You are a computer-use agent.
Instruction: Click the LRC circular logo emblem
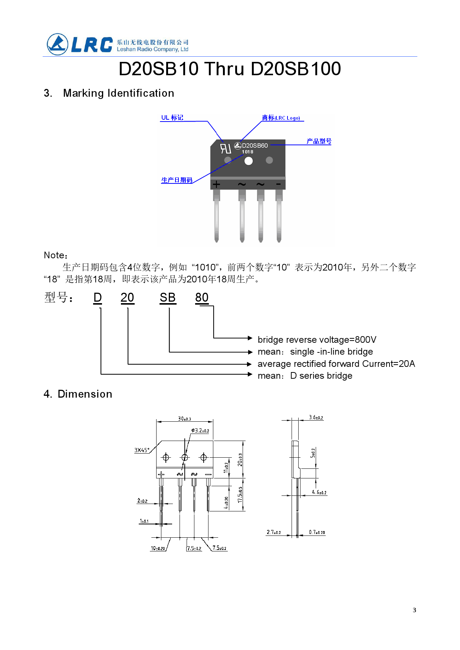click(57, 44)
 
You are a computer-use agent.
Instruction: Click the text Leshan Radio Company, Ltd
click(152, 49)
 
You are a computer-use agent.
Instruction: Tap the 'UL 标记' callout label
click(172, 117)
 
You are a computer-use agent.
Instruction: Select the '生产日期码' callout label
click(177, 180)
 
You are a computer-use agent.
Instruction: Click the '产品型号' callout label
click(319, 141)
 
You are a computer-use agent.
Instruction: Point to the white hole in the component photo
click(249, 161)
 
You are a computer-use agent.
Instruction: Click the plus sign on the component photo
click(216, 184)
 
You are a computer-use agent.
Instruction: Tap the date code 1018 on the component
click(247, 152)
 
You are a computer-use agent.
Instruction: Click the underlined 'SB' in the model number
click(168, 298)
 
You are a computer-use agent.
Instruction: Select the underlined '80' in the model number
click(202, 298)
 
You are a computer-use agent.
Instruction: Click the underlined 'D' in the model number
click(98, 298)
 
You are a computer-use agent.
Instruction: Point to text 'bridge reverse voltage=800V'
click(317, 340)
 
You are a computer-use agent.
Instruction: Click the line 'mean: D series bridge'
click(305, 376)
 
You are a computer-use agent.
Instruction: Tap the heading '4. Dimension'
click(78, 394)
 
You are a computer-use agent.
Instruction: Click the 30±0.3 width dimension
click(184, 419)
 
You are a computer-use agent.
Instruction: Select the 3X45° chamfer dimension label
click(142, 450)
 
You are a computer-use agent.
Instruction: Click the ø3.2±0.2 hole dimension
click(200, 431)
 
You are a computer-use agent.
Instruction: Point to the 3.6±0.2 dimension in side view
click(316, 418)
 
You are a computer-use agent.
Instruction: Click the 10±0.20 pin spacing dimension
click(158, 548)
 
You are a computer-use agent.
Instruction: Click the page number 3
click(414, 610)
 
